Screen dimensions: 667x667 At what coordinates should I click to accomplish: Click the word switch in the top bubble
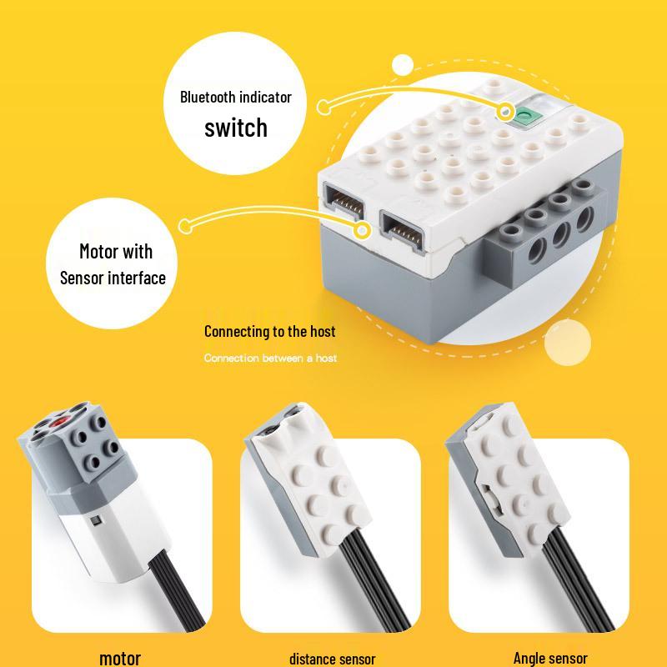[236, 128]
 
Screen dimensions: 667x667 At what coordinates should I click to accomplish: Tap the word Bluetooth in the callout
[211, 97]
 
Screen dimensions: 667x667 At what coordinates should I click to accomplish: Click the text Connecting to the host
[269, 331]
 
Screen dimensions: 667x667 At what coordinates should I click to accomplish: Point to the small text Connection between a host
[270, 358]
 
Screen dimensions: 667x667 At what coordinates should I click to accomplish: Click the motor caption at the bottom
[120, 658]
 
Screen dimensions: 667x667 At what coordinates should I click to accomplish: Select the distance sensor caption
[332, 659]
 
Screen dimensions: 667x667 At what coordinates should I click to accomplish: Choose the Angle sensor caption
[550, 658]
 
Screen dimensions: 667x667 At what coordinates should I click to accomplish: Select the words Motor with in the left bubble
[116, 251]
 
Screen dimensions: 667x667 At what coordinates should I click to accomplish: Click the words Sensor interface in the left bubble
[113, 278]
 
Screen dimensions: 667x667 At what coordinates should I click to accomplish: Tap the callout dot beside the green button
[505, 110]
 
